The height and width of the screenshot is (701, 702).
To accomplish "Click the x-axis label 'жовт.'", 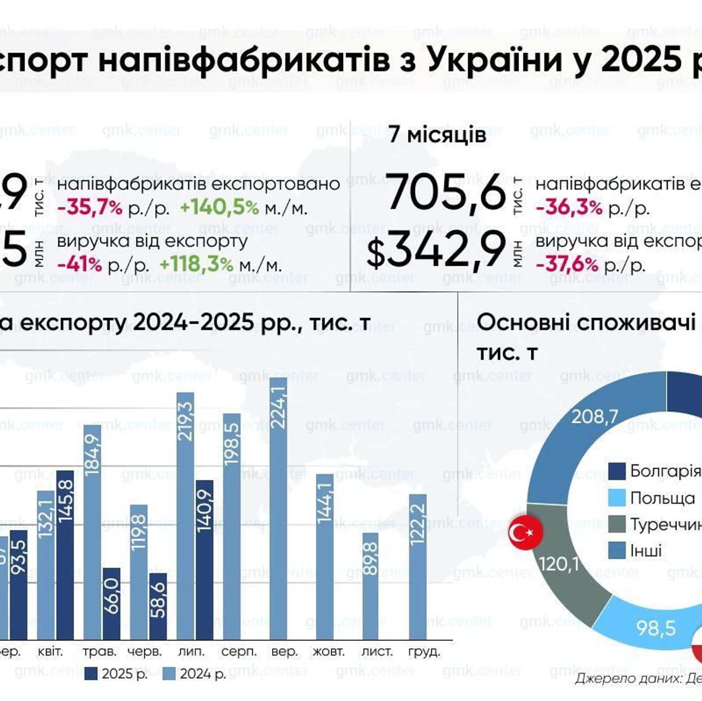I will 328,652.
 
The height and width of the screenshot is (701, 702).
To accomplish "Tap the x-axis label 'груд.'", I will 424,652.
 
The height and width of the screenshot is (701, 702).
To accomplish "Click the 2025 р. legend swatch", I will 91,674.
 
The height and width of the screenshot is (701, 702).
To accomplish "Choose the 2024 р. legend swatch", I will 169,674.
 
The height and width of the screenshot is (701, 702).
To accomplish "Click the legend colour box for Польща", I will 616,498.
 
